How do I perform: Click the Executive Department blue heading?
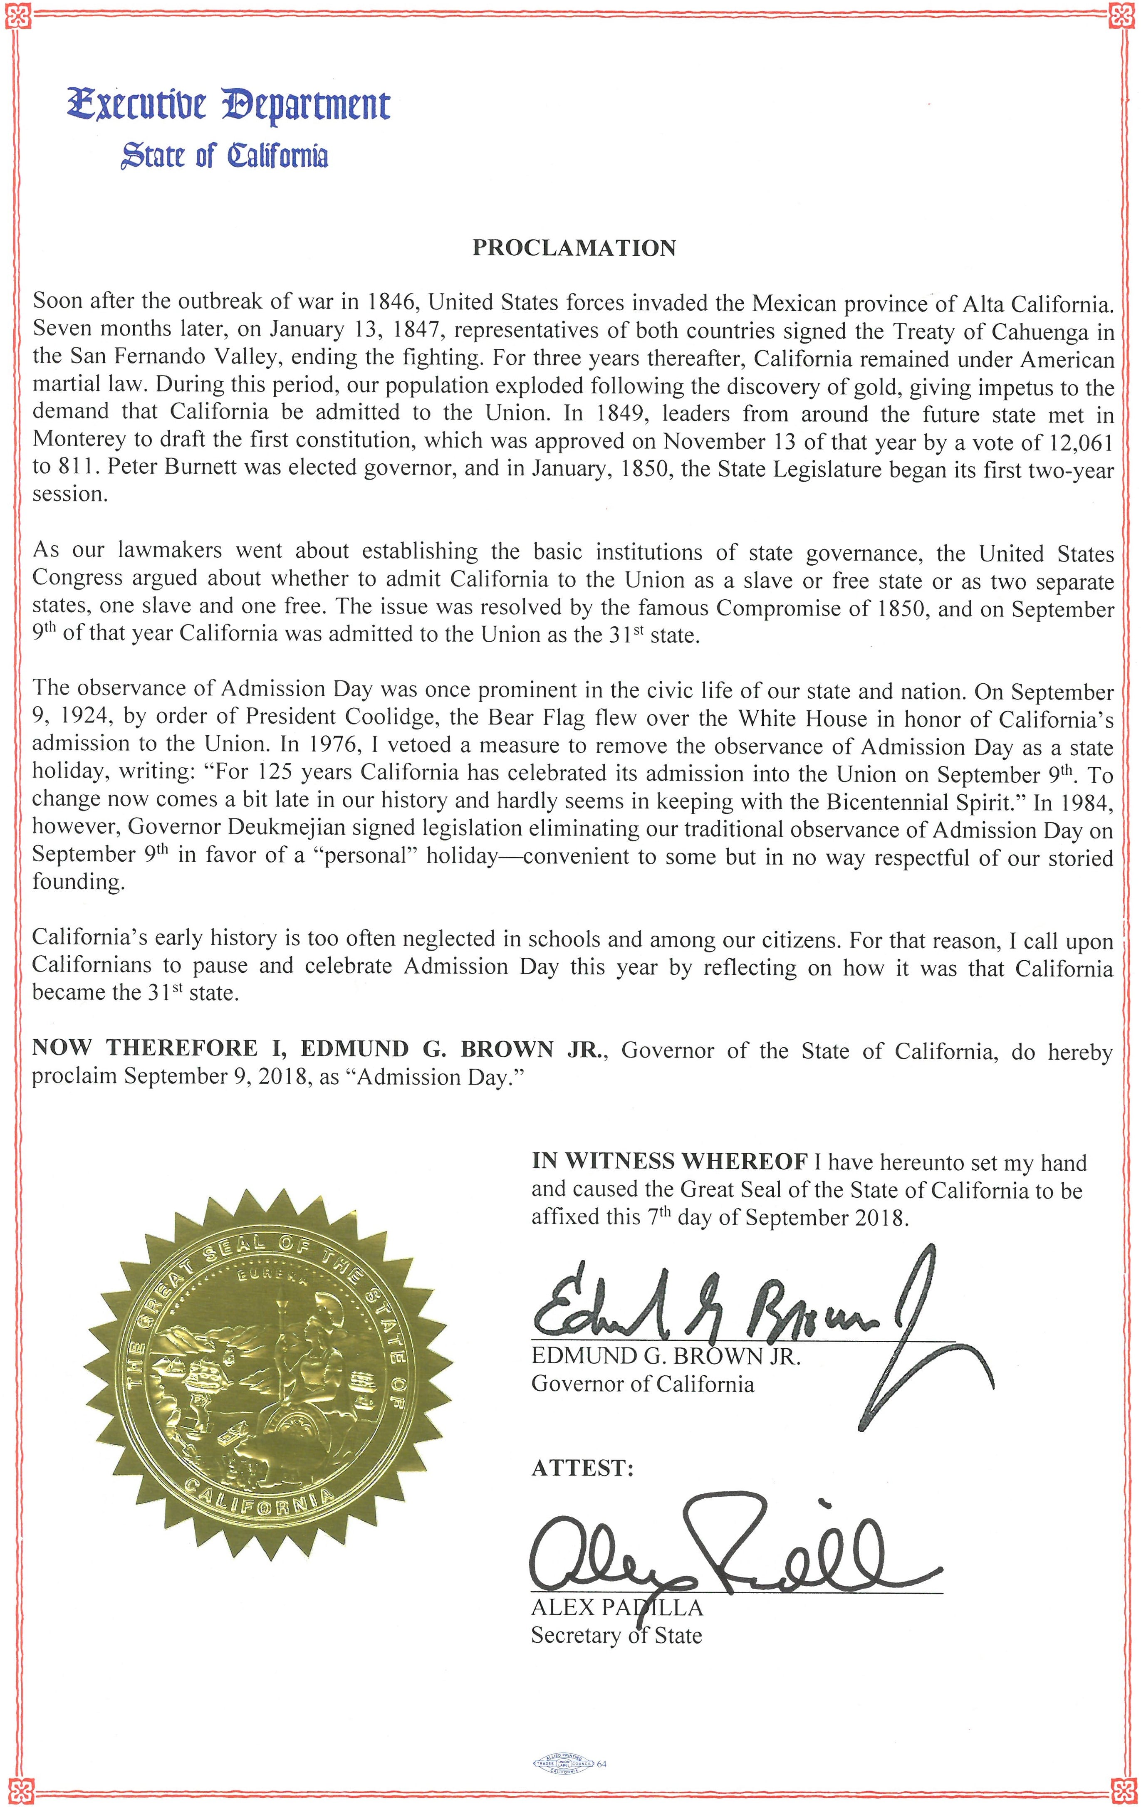pyautogui.click(x=228, y=106)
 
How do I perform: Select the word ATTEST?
pyautogui.click(x=582, y=1468)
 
